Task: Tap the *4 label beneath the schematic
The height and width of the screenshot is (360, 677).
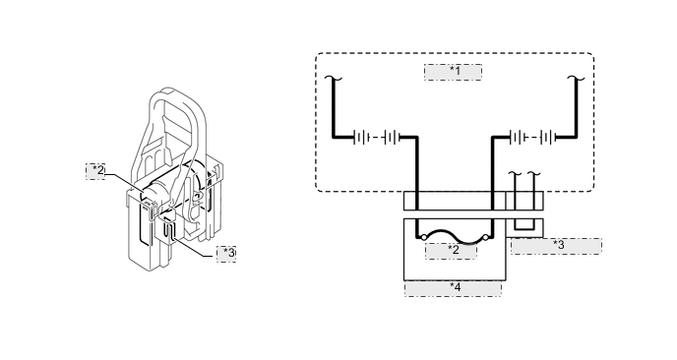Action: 454,288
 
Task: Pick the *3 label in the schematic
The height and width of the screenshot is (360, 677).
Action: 557,246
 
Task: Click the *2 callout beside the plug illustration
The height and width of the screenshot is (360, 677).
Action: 96,171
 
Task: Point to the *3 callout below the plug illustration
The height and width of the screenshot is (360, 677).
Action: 225,253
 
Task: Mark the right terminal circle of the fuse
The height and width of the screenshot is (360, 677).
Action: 485,238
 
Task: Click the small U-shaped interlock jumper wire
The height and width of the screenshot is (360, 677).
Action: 523,227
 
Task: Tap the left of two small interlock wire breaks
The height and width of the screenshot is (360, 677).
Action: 514,178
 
